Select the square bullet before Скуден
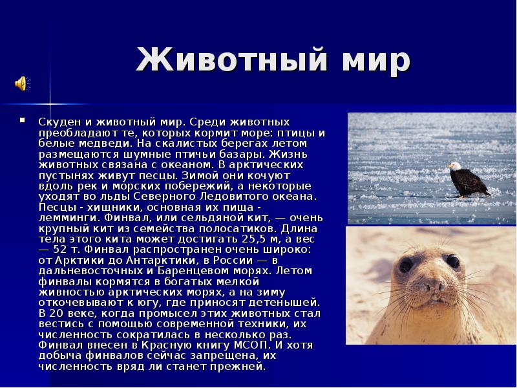click(23, 120)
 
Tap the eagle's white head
click(456, 167)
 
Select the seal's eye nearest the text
click(406, 265)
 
